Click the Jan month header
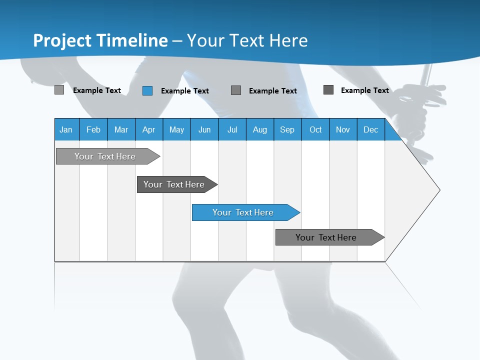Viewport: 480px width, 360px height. [66, 129]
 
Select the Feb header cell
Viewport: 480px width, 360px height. [93, 129]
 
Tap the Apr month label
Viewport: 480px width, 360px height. [148, 129]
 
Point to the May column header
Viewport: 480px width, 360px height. [176, 129]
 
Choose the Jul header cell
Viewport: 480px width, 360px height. [232, 129]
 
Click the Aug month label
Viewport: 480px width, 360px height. [260, 129]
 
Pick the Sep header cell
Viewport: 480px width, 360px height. [287, 129]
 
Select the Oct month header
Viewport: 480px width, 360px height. [315, 129]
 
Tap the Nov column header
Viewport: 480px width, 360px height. [343, 129]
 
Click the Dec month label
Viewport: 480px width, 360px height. [371, 129]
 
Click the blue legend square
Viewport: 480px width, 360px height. [147, 90]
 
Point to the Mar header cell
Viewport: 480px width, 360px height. [121, 129]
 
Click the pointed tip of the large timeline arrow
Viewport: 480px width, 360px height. [438, 190]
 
